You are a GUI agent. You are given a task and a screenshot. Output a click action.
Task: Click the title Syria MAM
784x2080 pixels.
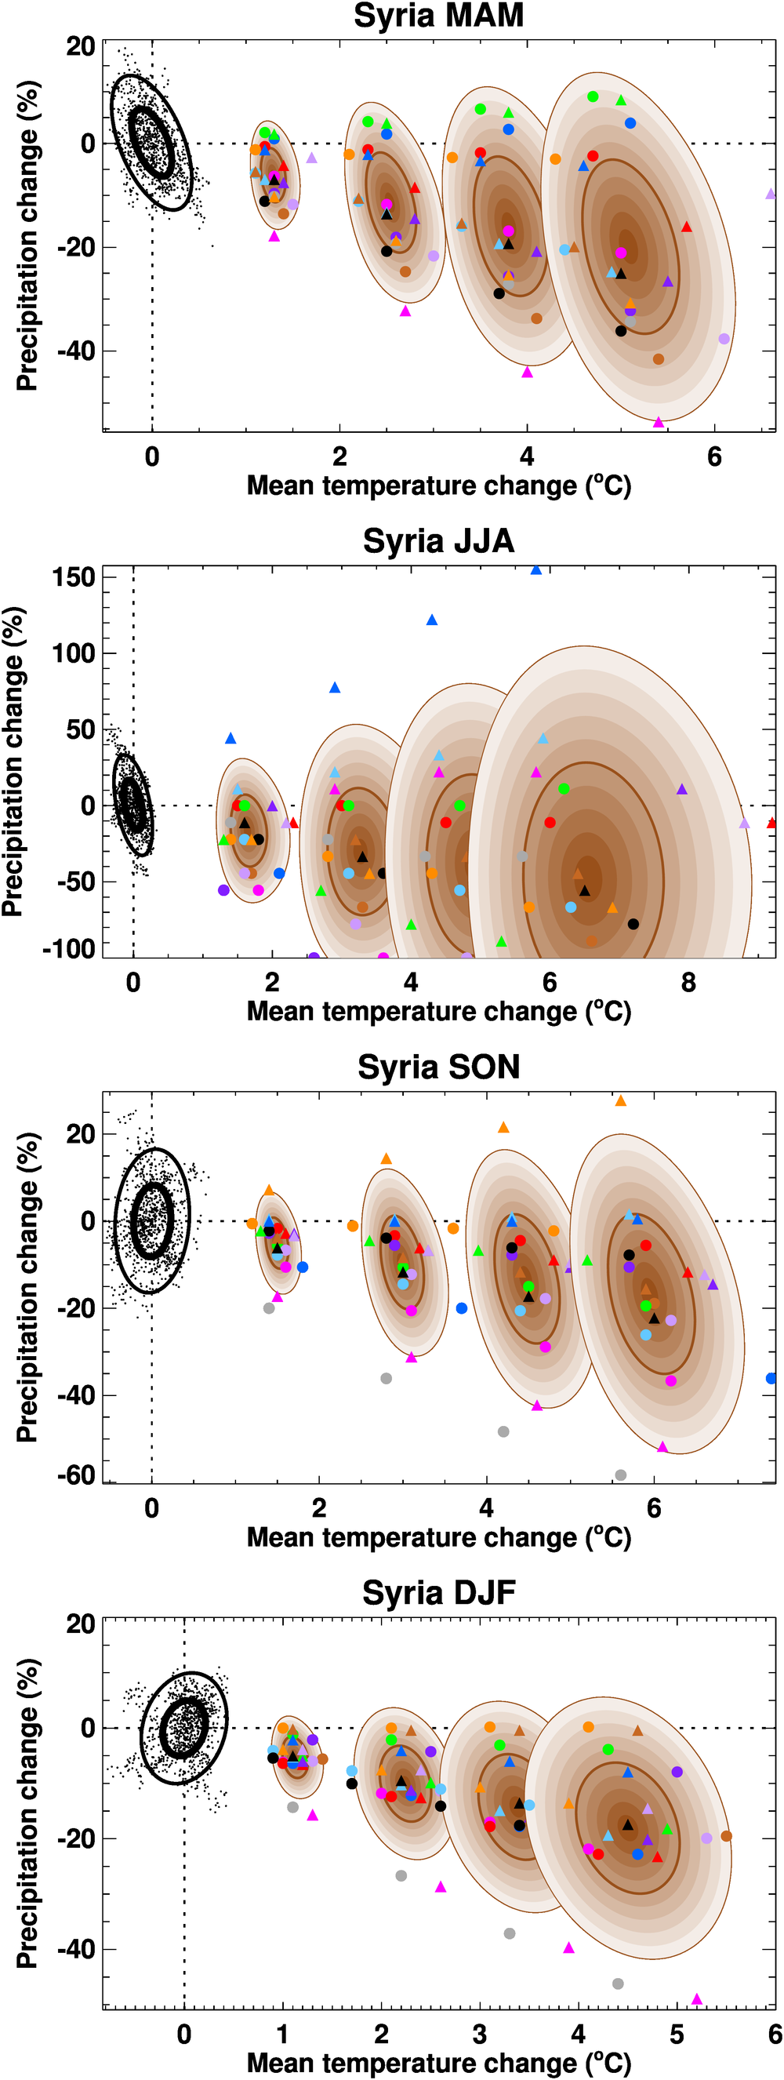pos(438,16)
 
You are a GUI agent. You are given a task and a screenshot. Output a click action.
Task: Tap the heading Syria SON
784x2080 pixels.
pos(438,1067)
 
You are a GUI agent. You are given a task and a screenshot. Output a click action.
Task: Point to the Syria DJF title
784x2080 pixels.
pos(438,1593)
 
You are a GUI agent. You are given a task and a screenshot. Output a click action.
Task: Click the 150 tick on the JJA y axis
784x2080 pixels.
pos(74,578)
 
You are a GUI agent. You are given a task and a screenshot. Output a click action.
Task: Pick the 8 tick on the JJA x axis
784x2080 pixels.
pos(688,983)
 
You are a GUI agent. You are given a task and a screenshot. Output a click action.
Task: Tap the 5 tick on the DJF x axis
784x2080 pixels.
pos(677,2034)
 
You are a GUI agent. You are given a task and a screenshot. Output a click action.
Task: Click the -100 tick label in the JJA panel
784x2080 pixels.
pos(69,949)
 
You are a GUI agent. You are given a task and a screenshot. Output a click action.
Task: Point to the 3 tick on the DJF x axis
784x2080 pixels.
pos(480,2034)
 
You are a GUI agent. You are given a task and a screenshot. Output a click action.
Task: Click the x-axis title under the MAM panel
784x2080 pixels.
pos(438,486)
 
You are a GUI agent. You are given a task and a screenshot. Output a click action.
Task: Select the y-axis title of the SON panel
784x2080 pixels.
pos(27,1287)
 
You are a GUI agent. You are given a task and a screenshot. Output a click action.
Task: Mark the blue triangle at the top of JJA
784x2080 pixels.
pos(536,570)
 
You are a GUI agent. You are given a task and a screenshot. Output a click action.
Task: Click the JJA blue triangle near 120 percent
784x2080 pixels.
pos(432,620)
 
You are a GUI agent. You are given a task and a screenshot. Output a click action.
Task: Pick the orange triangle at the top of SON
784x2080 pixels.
pos(620,1100)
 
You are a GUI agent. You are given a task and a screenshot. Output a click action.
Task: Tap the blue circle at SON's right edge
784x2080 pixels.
pos(771,1378)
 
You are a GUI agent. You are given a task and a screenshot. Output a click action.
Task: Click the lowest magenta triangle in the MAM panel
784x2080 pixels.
pos(658,422)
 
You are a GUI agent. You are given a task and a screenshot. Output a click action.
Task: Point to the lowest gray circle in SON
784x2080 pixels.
pos(620,1475)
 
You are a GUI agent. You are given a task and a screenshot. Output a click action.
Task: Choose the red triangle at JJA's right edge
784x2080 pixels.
pos(772,823)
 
